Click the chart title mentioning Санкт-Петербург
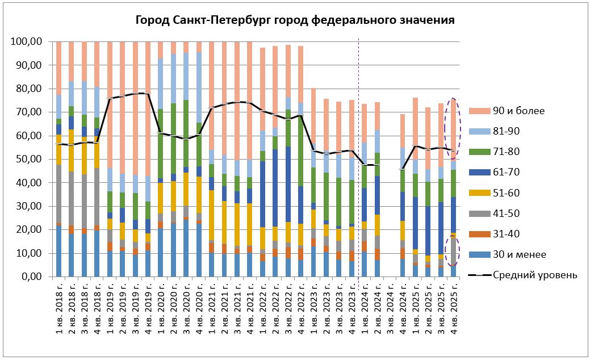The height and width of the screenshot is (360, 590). click(295, 20)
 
